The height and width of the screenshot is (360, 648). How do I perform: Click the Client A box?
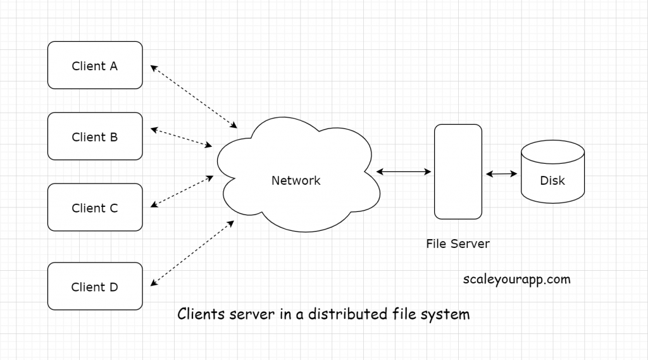click(95, 65)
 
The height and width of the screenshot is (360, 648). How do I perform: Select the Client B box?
click(95, 137)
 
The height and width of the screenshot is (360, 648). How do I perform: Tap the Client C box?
click(95, 208)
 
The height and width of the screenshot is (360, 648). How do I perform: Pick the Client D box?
click(95, 287)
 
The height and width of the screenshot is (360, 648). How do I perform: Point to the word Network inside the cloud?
click(296, 180)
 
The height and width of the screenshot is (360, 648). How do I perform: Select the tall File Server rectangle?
click(458, 171)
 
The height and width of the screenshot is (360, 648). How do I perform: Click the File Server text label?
click(458, 243)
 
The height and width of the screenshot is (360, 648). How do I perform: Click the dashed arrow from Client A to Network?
click(193, 96)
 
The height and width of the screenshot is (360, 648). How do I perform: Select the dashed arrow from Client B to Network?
click(181, 138)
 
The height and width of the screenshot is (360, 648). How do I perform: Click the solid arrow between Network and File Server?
click(404, 171)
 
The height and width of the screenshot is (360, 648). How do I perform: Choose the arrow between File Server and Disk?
click(502, 173)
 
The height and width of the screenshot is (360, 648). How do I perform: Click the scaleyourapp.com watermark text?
click(516, 278)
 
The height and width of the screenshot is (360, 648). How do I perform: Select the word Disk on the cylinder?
click(552, 180)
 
